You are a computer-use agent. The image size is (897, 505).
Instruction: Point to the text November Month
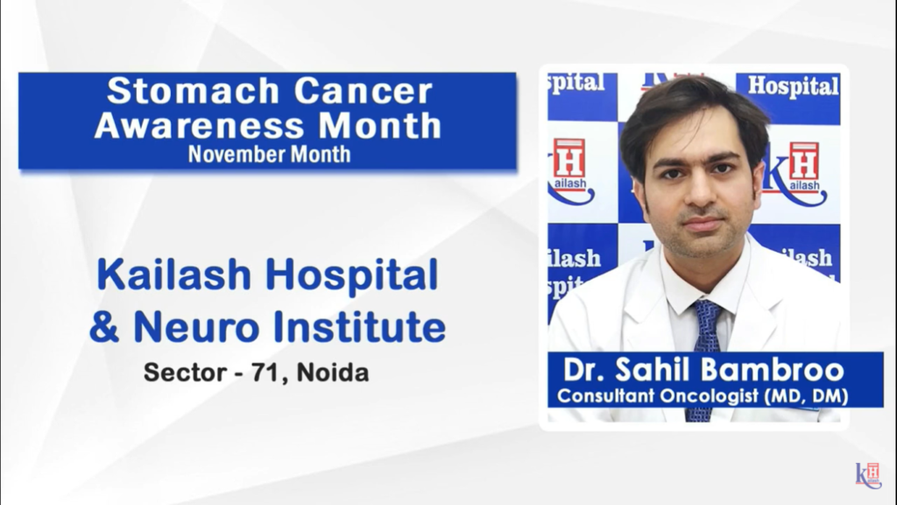point(269,154)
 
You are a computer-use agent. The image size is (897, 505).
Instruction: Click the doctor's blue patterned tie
point(704,351)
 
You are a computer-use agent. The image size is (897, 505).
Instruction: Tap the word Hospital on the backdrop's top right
point(792,86)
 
